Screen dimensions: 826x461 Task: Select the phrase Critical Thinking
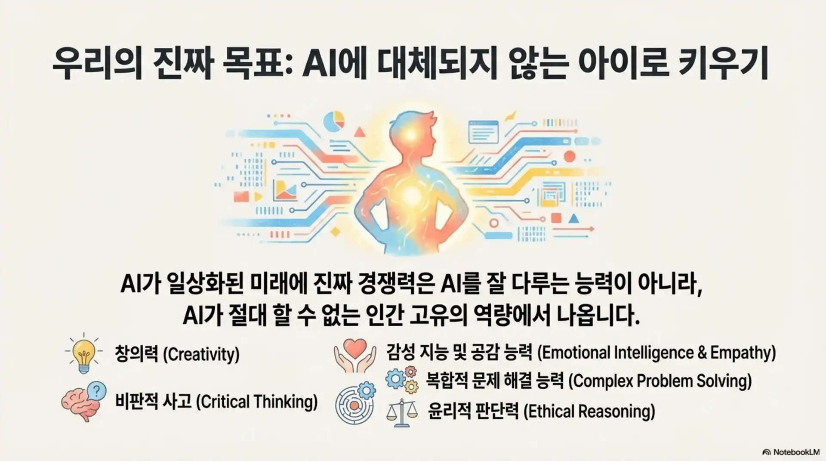click(x=257, y=402)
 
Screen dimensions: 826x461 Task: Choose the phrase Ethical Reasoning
click(x=589, y=411)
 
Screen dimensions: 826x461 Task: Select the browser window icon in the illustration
click(x=483, y=131)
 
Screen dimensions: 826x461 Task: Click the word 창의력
click(x=136, y=355)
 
